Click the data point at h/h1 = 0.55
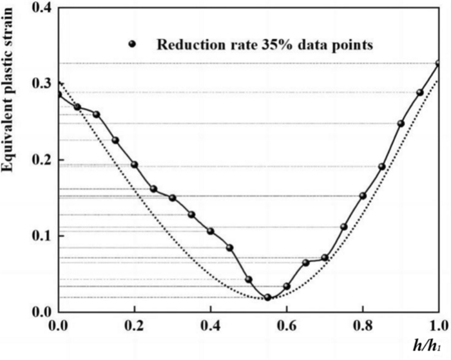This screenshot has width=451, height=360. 267,297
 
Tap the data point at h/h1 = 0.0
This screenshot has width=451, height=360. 59,94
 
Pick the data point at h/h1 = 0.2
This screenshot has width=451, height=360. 135,164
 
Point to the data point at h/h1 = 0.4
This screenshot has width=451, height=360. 211,231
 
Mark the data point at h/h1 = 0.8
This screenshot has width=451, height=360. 363,196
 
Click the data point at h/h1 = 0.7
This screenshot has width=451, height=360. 325,258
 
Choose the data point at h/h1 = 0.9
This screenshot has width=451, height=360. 401,123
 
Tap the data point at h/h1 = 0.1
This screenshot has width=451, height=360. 97,114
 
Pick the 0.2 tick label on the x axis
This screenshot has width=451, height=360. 135,325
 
